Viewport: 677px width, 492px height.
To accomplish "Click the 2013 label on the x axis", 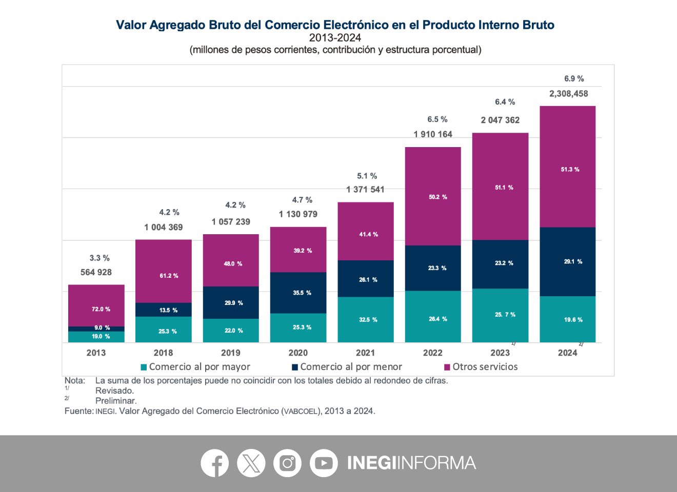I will click(96, 353).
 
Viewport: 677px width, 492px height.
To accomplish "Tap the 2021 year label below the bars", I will click(365, 353).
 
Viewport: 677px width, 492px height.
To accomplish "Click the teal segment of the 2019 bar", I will click(231, 331).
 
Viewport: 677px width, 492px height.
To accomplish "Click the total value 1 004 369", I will click(163, 227).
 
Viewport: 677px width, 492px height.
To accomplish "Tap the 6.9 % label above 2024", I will click(574, 78).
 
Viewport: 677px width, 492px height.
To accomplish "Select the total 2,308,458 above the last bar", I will click(568, 94).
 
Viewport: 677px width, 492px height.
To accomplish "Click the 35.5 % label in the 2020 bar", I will click(302, 293).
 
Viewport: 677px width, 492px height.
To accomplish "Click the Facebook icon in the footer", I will click(214, 463).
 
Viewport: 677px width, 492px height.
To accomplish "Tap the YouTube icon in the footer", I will click(324, 463).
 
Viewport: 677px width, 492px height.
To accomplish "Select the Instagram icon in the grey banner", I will click(287, 463).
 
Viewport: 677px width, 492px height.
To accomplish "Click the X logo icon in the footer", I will click(251, 463).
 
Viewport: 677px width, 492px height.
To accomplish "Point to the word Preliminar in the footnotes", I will click(116, 401).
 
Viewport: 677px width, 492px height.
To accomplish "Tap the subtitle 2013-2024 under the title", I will click(335, 38).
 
